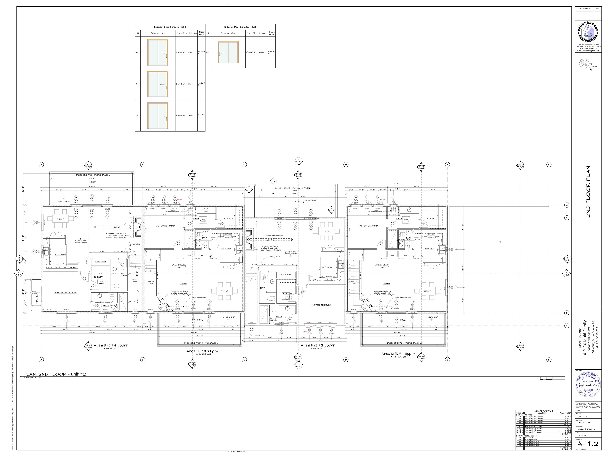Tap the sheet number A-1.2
tap(587, 444)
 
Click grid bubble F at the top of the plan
tap(549, 165)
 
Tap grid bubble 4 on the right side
tap(567, 205)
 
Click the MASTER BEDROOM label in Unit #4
tap(66, 293)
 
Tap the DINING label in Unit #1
tap(427, 291)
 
